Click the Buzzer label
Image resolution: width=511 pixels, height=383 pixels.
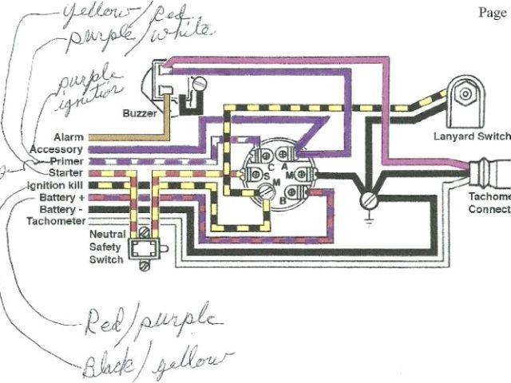(x=141, y=113)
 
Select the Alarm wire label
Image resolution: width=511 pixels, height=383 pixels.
(x=69, y=137)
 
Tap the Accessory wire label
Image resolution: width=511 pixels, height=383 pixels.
(x=57, y=149)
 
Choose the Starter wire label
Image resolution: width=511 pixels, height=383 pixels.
(x=66, y=172)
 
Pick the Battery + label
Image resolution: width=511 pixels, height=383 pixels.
(x=61, y=195)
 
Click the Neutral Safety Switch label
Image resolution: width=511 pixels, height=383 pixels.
(x=106, y=247)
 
